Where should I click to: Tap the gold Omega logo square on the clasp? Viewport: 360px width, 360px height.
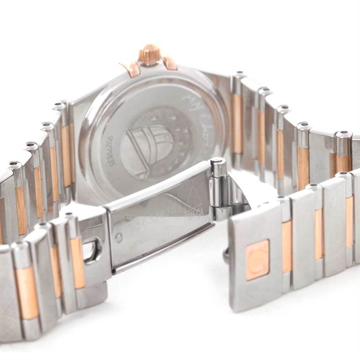coord(257,259)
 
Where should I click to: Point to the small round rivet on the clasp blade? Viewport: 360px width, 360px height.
coord(119,237)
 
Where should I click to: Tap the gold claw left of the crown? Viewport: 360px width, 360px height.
coord(130,69)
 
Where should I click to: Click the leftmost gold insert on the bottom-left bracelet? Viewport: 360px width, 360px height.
coord(27,292)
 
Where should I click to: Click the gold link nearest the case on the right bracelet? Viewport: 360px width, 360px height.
coord(237,123)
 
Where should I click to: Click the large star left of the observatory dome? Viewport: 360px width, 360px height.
coord(154,119)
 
